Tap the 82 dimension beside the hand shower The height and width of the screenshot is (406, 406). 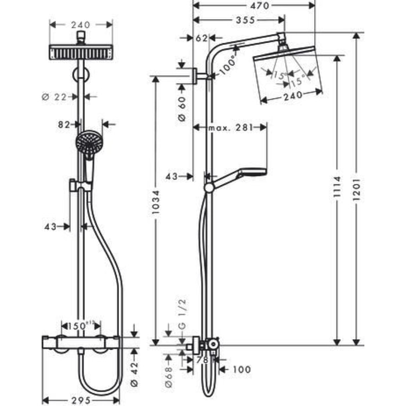click(x=65, y=124)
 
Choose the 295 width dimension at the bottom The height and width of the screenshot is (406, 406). click(x=81, y=400)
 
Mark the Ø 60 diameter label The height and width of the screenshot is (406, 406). click(x=181, y=108)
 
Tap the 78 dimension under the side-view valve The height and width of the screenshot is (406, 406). click(x=203, y=361)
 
